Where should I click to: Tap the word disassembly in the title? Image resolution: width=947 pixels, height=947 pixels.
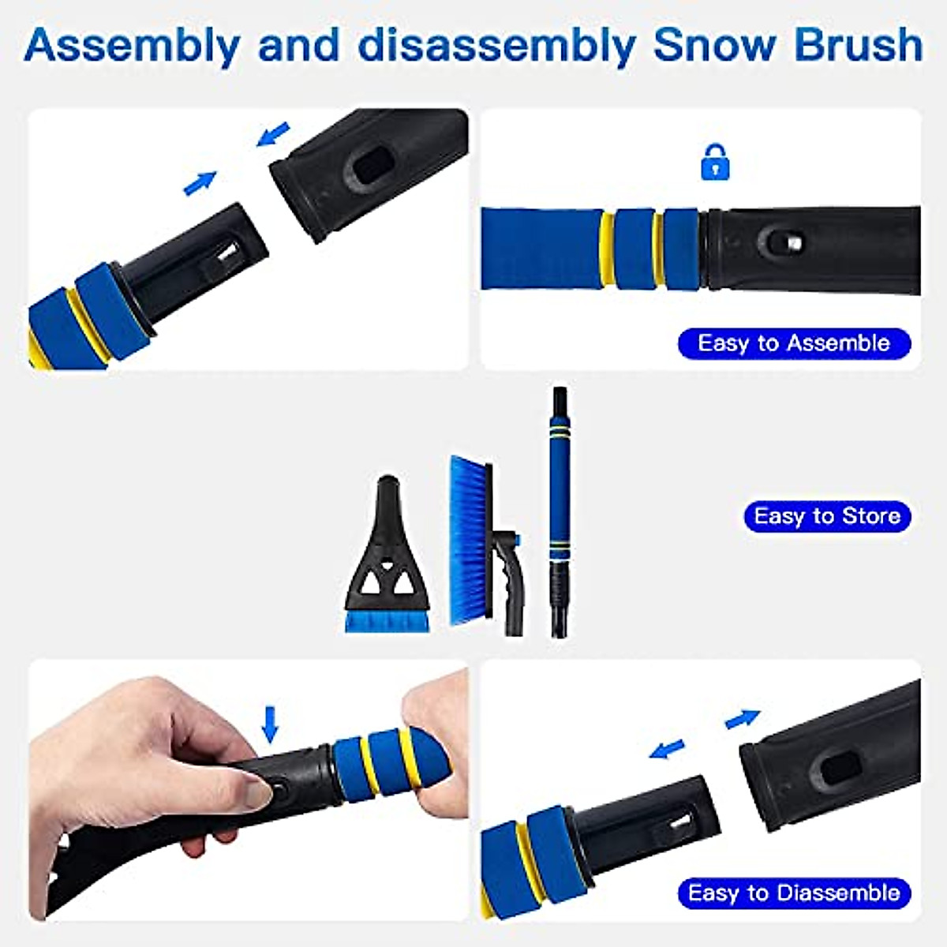[x=496, y=45]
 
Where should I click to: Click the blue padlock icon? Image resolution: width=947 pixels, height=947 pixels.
[x=715, y=163]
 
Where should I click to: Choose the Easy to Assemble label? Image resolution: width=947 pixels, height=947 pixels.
[x=794, y=343]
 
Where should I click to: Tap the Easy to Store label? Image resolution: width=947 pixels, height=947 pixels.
[x=826, y=516]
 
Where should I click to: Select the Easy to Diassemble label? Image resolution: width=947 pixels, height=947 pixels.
[x=794, y=893]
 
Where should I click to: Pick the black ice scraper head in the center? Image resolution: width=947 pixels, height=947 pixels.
[x=387, y=552]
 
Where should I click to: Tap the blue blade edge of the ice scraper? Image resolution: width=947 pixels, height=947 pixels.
[x=387, y=622]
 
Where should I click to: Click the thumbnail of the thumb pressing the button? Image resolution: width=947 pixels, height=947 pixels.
[x=257, y=789]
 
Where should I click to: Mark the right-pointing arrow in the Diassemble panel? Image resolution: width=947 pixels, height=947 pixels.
[x=743, y=718]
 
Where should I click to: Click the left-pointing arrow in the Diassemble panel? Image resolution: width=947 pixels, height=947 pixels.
[x=668, y=748]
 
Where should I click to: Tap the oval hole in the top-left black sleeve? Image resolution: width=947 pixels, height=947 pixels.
[x=367, y=168]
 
